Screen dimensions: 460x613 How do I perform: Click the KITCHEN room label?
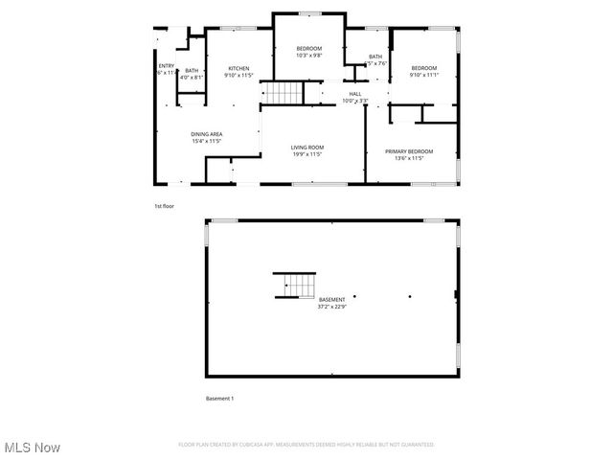point(238,68)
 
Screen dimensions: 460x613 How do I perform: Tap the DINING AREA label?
point(206,134)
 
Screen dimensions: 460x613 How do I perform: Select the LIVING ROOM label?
point(307,147)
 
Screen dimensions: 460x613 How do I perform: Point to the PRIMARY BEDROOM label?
point(409,151)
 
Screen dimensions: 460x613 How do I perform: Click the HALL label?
point(354,94)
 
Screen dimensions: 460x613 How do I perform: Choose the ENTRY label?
point(166,65)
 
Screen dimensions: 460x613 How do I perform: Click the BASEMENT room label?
point(331,300)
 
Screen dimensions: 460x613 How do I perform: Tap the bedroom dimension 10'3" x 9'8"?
point(307,56)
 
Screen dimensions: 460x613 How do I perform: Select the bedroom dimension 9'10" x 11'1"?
point(423,75)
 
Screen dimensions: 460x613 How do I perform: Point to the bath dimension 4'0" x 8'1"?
point(192,77)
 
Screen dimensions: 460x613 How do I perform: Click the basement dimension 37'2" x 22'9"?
point(331,307)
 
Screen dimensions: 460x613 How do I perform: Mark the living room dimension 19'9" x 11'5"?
point(307,153)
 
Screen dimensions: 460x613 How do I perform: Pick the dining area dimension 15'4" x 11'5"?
point(206,141)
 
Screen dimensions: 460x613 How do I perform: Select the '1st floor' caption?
point(164,206)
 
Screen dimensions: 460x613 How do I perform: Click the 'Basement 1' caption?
point(219,398)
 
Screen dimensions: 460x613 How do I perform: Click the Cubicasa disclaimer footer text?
point(306,445)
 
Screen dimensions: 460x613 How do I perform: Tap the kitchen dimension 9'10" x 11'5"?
point(238,75)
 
